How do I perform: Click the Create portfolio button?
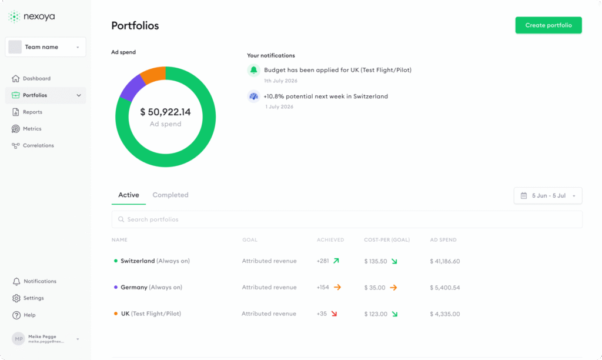click(x=549, y=25)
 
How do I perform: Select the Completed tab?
click(x=170, y=195)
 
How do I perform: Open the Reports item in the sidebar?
click(x=32, y=112)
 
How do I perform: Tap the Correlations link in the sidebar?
click(x=38, y=146)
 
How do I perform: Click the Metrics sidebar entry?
click(x=32, y=129)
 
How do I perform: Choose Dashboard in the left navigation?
click(x=36, y=78)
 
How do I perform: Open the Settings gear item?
click(x=34, y=298)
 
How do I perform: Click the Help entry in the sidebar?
click(x=29, y=315)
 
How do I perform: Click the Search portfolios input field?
click(x=347, y=219)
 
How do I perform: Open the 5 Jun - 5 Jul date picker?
click(x=548, y=195)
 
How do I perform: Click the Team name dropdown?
click(x=45, y=47)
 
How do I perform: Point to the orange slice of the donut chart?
click(x=153, y=74)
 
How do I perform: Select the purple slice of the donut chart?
click(x=131, y=88)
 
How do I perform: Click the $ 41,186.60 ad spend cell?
click(x=444, y=261)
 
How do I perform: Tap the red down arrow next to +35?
click(x=334, y=314)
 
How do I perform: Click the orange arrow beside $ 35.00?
click(x=393, y=288)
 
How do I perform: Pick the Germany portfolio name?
click(x=134, y=287)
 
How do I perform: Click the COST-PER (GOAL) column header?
click(x=387, y=240)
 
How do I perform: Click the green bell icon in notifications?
click(x=253, y=71)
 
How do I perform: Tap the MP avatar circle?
click(x=18, y=339)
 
